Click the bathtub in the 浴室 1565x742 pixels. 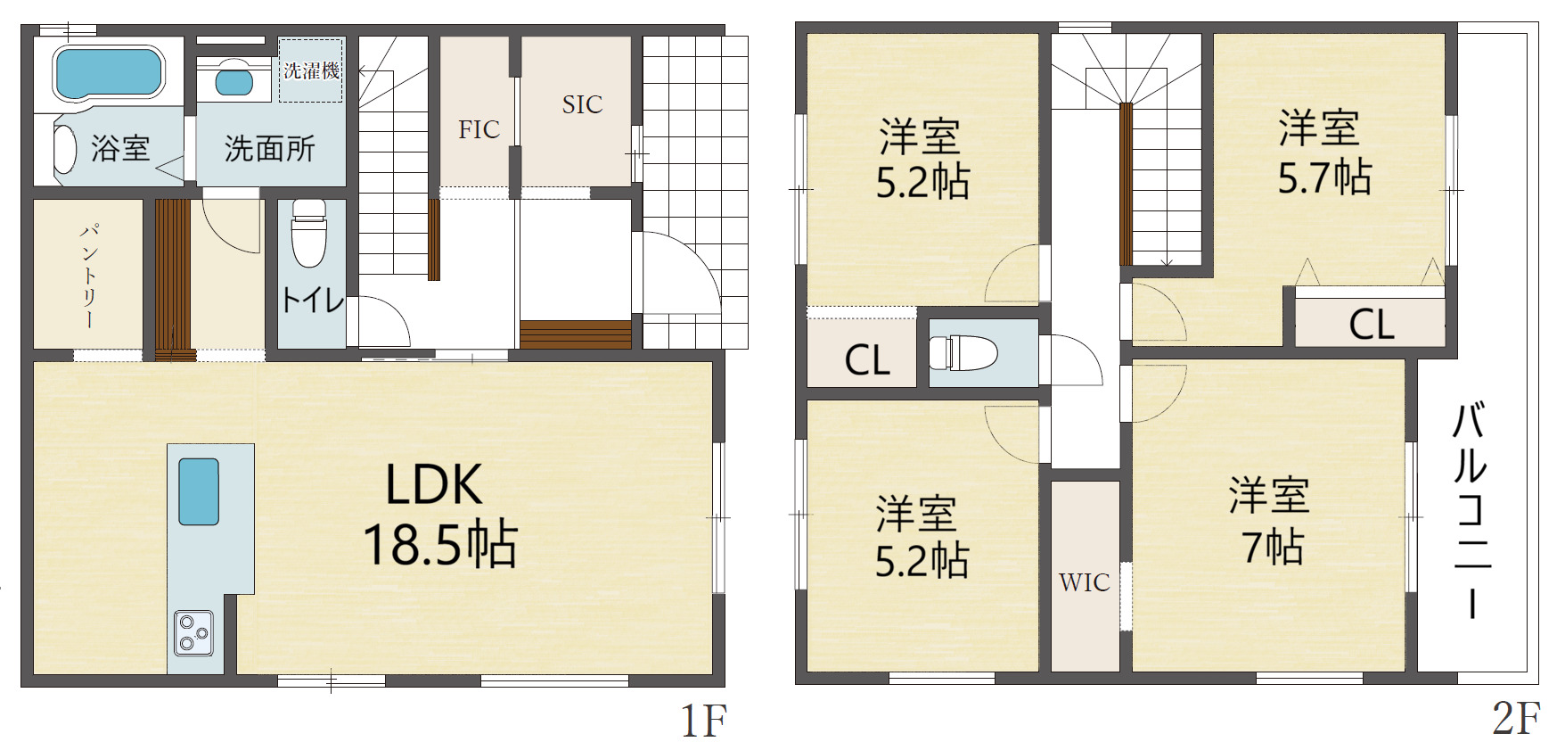tap(109, 73)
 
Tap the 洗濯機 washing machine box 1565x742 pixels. tap(311, 70)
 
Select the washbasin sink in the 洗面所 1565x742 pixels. tap(234, 81)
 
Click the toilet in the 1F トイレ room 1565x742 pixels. tap(309, 233)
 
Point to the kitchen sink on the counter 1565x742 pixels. tap(199, 491)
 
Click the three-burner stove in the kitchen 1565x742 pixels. tap(193, 632)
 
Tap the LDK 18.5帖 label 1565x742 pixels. tap(439, 515)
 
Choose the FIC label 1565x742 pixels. tap(479, 130)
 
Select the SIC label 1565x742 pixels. tap(582, 105)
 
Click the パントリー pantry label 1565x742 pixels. tap(89, 276)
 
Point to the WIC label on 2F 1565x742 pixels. tap(1085, 582)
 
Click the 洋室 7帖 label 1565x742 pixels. tap(1269, 522)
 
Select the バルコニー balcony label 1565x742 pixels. tap(1471, 511)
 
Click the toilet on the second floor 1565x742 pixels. tap(963, 352)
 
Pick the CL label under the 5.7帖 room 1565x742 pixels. tap(1372, 325)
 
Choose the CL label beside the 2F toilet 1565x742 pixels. tap(867, 360)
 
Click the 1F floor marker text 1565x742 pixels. tap(704, 721)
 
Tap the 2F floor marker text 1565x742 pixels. tap(1516, 719)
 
